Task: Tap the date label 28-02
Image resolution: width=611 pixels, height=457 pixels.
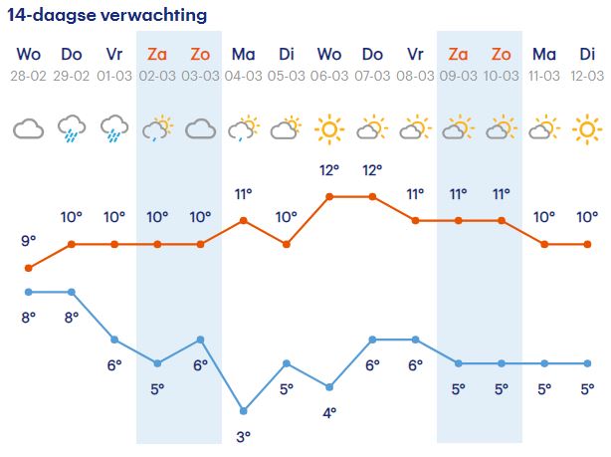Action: pos(28,76)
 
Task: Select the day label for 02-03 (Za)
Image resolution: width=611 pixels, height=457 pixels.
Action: pos(157,54)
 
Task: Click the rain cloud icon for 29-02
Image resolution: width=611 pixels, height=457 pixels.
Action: pos(71,128)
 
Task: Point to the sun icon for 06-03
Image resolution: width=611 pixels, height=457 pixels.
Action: pos(329,128)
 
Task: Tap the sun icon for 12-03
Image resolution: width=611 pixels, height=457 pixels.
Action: pos(587,128)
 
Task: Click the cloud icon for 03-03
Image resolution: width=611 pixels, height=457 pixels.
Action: pos(200,128)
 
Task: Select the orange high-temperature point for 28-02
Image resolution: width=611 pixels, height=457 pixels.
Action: pos(28,268)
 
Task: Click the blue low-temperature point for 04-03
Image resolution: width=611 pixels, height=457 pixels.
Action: pos(243,410)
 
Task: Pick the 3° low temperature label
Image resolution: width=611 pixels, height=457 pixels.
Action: pos(243,436)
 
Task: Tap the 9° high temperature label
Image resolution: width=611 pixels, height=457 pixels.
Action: pos(28,241)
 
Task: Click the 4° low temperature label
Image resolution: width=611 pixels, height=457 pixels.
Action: pos(329,412)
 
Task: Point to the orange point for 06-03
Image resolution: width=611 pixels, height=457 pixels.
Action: pos(329,196)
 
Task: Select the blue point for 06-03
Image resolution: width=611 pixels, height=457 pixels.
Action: pos(329,386)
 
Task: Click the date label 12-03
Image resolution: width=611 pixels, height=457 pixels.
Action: pos(587,76)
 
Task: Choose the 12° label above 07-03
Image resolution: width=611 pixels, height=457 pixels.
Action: pos(372,170)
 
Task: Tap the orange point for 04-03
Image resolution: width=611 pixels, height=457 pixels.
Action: pos(243,220)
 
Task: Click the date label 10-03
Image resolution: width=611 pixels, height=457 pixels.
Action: pos(502,76)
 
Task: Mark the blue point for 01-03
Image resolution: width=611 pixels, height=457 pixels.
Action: pos(114,340)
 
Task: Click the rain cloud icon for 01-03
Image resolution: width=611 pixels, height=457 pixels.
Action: pos(114,128)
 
